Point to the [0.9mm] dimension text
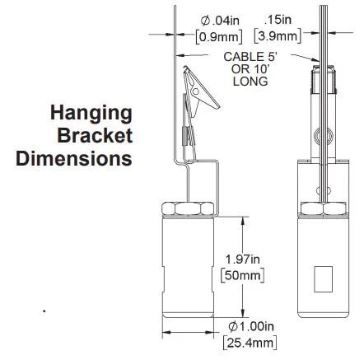218,35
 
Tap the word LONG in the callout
251,82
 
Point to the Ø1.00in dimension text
250,327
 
